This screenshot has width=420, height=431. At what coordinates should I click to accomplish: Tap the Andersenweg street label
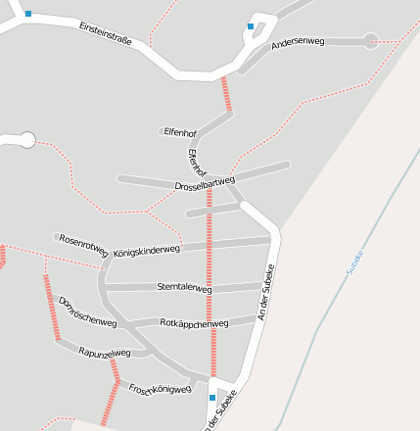tap(298, 43)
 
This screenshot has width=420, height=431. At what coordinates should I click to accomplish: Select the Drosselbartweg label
tap(206, 183)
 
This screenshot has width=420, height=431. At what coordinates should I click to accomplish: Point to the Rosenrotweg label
tap(83, 243)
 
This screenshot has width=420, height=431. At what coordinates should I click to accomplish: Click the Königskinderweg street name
tap(147, 251)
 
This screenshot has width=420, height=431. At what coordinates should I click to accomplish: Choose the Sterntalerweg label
tap(184, 288)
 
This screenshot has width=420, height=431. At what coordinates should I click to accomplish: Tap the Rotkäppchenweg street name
tap(193, 322)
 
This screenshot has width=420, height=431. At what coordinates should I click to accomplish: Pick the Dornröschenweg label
tap(87, 311)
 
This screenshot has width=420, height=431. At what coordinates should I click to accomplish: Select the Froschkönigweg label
tap(160, 386)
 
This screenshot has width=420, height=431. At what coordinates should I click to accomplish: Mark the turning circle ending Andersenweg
tap(370, 40)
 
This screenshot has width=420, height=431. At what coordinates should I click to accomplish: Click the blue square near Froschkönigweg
tap(212, 398)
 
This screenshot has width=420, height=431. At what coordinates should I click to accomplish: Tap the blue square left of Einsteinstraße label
tap(27, 14)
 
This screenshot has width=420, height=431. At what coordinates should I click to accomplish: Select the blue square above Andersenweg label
tap(251, 26)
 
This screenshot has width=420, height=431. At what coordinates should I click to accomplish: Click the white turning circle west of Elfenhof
tap(26, 140)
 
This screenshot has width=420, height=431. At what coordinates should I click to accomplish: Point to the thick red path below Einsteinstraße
tap(228, 96)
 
